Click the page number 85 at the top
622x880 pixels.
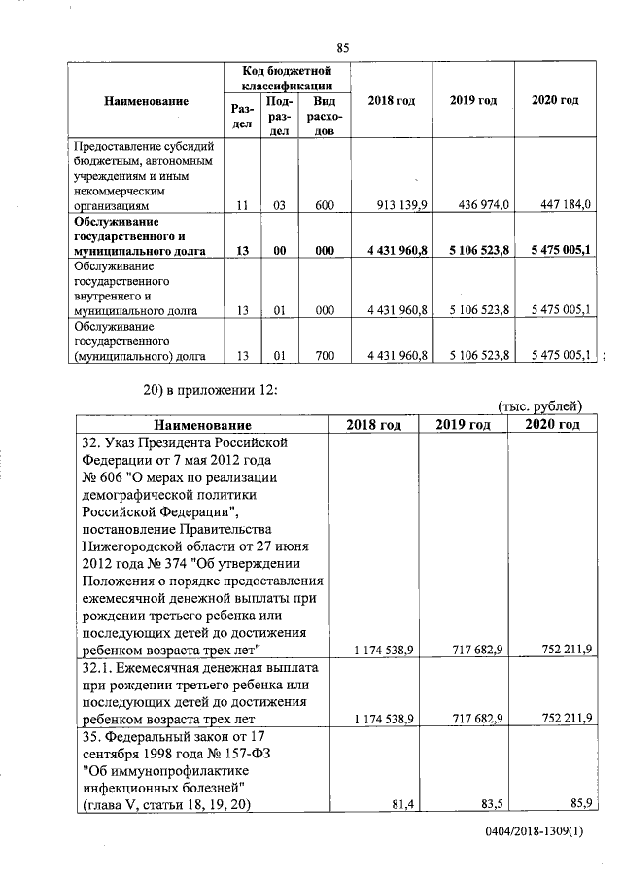(x=342, y=49)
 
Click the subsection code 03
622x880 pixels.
(x=279, y=205)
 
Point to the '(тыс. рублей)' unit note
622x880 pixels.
(x=539, y=406)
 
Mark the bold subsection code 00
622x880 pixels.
(x=279, y=250)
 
